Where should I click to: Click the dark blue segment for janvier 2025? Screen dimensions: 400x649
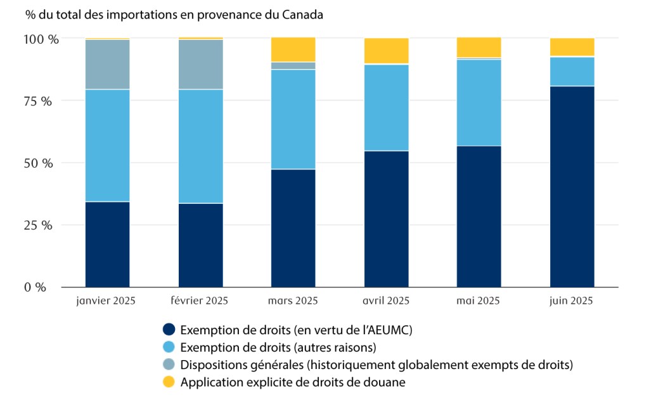107,244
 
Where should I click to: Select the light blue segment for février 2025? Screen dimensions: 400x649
200,146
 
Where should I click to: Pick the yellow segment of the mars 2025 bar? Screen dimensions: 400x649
293,49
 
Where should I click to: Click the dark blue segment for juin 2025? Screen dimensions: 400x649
572,186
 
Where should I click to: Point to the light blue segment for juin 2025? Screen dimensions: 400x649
572,72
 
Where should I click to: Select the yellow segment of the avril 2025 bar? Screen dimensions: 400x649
386,51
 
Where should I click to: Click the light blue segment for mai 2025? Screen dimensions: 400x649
479,103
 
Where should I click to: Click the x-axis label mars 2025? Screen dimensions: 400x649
293,301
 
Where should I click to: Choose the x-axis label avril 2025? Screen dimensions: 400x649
386,301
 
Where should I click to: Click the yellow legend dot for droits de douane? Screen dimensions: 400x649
169,382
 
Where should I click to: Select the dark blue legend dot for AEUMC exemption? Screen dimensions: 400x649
169,330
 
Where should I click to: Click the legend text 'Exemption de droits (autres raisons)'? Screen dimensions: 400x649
278,347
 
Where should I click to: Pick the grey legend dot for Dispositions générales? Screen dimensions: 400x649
169,365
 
